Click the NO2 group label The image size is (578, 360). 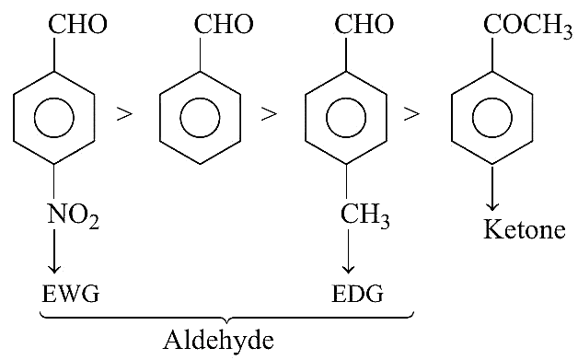coord(74,215)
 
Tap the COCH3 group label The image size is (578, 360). coord(528,25)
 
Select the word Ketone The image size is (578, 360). coord(525,229)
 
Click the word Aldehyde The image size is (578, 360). coord(219,340)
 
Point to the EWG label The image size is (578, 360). coord(70,294)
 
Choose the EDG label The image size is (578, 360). coord(357,294)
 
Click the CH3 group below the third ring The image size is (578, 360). coord(364,215)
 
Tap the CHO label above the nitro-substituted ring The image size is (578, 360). coord(77,24)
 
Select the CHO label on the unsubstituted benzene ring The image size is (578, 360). coord(224,24)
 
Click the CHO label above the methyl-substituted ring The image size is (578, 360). coord(364,24)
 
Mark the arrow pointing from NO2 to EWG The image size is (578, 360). coord(54,251)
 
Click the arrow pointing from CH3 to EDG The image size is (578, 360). coord(348,251)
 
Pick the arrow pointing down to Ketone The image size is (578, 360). coord(492,188)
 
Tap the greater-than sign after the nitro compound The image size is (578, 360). coord(124,113)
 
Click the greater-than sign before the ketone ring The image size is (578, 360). coord(411,113)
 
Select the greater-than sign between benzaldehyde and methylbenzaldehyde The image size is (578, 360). coord(269,113)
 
